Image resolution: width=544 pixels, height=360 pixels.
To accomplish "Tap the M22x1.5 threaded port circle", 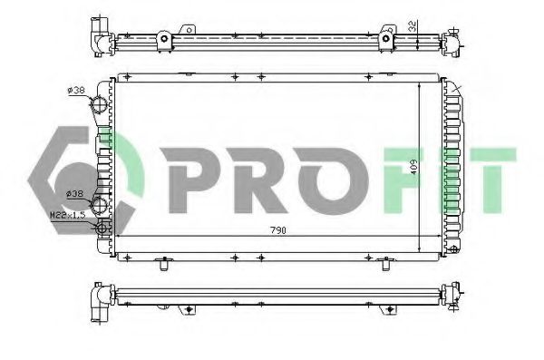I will tap(102, 228).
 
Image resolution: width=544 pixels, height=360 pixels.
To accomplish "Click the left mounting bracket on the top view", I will tap(163, 40).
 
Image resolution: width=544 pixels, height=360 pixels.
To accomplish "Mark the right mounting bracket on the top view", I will tap(387, 40).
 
